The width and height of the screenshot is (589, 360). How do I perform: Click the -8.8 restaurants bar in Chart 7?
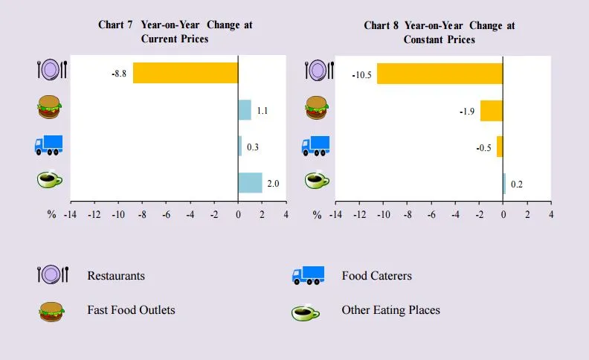185,73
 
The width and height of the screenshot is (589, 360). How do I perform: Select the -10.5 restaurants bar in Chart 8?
440,73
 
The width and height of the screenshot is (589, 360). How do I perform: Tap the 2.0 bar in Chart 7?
250,183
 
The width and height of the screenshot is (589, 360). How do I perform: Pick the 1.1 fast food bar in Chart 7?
245,110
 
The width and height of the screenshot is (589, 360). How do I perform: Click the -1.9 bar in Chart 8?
492,111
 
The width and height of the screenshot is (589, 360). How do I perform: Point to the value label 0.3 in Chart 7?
253,147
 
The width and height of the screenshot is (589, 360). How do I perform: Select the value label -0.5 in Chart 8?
484,147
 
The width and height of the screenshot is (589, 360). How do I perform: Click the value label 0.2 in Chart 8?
517,184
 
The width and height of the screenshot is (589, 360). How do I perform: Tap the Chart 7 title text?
175,31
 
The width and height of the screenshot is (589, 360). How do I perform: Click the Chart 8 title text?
440,31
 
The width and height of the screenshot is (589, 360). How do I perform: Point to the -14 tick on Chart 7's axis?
70,214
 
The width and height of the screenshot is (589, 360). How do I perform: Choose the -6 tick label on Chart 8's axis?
431,214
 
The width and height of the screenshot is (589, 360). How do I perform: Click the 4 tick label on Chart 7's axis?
286,214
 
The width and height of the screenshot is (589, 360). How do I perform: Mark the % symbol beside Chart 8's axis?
317,214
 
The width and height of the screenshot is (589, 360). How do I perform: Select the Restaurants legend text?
116,276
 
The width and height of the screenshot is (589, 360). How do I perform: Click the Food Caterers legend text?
376,276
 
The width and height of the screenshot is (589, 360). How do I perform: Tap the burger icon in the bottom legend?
51,311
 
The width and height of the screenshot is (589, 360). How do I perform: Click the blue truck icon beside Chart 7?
48,145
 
